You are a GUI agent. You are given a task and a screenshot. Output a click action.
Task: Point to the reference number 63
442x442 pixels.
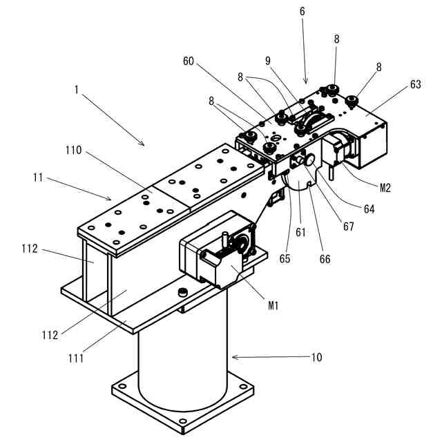(x=415, y=84)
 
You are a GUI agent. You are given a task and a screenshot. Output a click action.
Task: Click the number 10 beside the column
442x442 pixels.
(x=316, y=358)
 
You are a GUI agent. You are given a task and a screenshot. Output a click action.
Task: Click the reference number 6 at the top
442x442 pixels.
(x=302, y=11)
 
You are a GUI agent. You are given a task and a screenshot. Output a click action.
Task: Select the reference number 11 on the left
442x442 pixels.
(x=39, y=178)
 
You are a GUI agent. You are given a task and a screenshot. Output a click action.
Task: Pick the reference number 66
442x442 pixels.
(x=325, y=260)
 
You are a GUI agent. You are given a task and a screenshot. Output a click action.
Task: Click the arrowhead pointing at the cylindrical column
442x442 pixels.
(x=236, y=357)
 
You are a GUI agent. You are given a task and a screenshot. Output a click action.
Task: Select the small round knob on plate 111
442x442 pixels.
(x=183, y=292)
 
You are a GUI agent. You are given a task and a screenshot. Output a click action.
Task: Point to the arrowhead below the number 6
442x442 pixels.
(x=306, y=80)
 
